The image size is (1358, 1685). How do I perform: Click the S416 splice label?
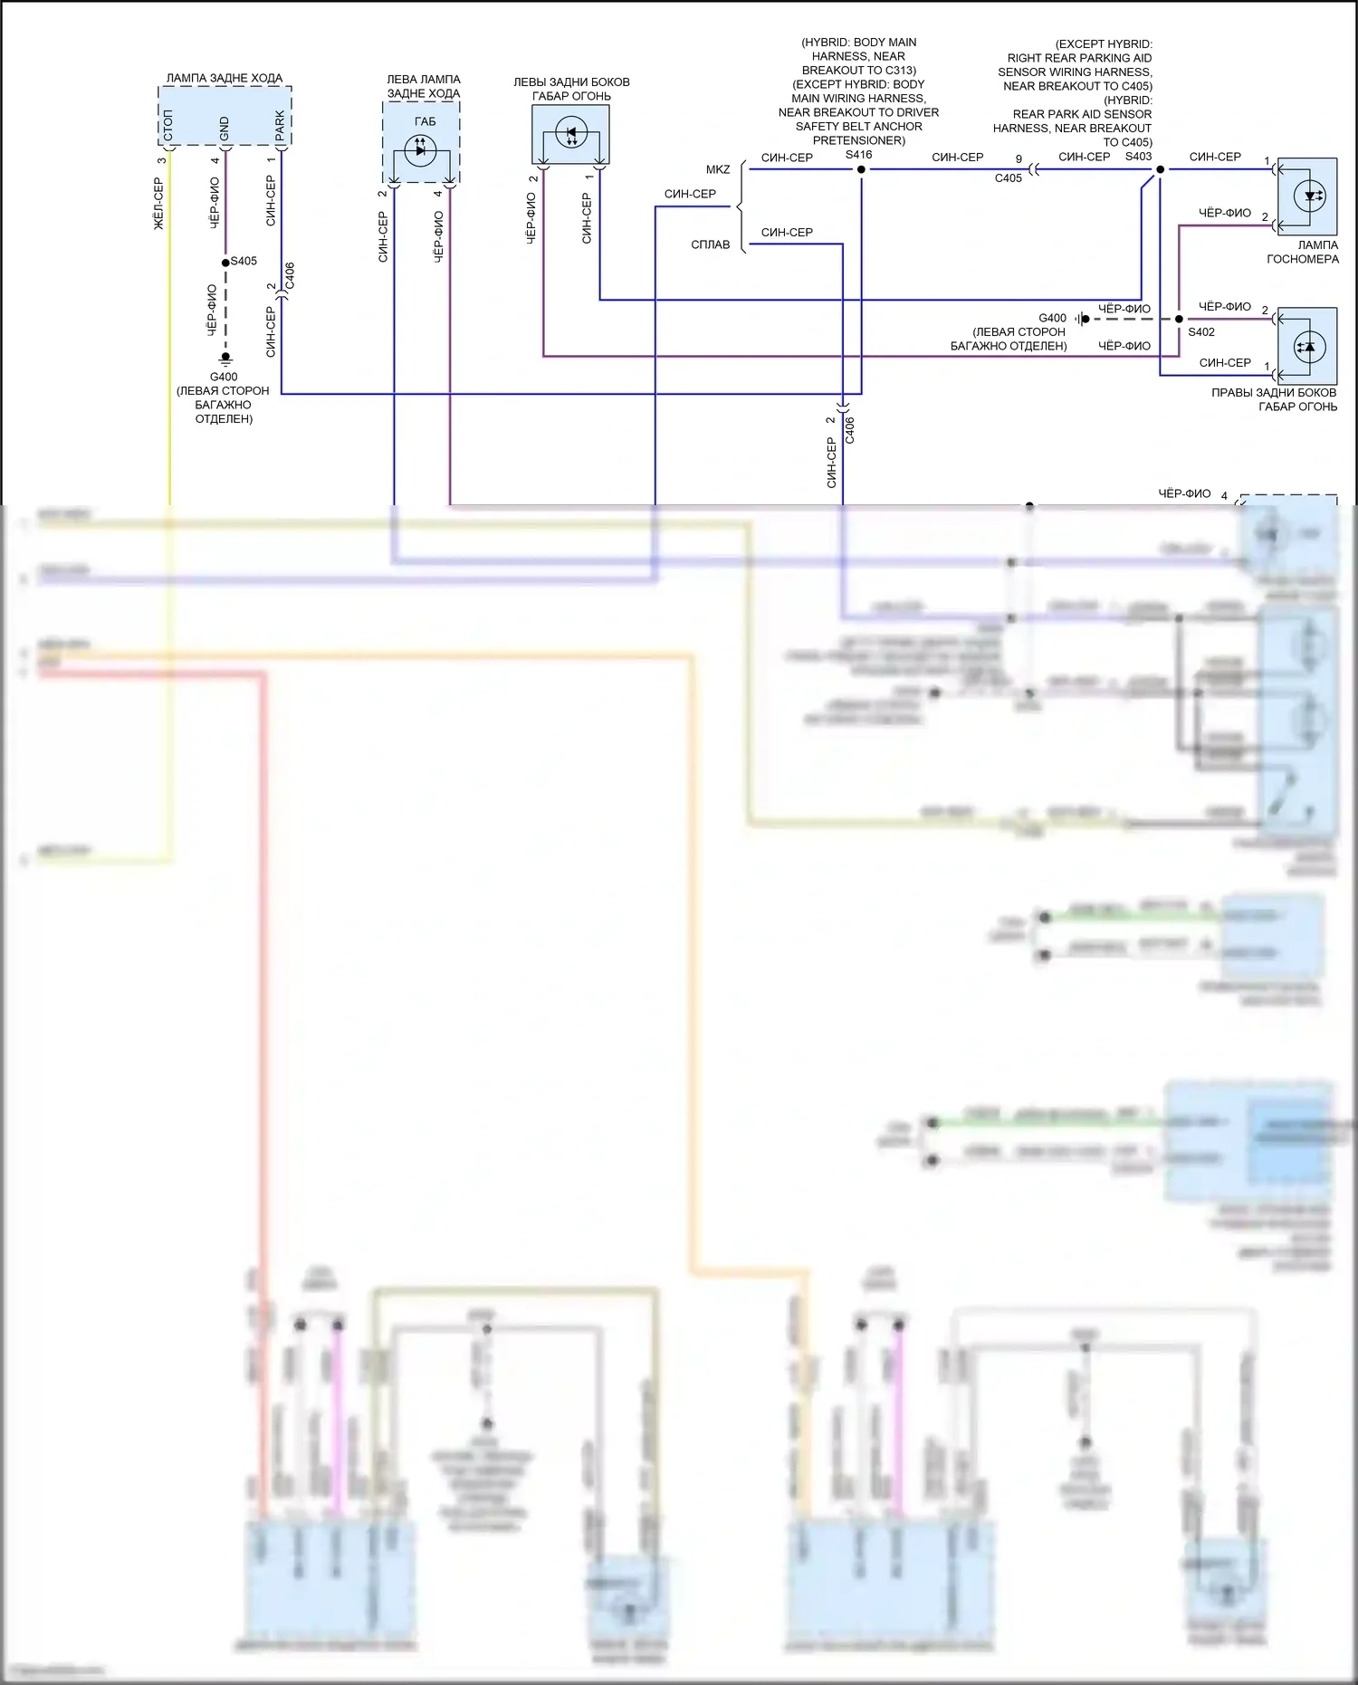tap(858, 155)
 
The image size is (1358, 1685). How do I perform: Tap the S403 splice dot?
tap(1160, 169)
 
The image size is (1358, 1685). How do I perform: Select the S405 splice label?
tap(244, 261)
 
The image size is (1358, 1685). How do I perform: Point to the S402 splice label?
tap(1201, 332)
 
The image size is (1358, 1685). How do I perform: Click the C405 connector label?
tap(1008, 178)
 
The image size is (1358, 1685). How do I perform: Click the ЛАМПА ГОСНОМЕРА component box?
tap(1307, 196)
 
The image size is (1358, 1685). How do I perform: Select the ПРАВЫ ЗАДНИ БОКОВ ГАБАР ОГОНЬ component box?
tap(1307, 347)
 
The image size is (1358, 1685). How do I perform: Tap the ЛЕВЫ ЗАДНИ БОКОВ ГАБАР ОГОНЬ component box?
tap(570, 134)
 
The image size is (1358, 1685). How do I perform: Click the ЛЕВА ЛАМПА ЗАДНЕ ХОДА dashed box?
tap(421, 142)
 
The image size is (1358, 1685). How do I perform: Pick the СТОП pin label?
tap(168, 126)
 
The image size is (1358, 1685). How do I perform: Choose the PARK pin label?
tap(280, 126)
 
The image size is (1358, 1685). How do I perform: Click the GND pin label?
tap(225, 129)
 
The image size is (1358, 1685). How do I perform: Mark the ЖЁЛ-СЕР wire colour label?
tap(159, 203)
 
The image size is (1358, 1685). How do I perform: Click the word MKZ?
tap(718, 169)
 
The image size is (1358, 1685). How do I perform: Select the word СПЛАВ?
tap(710, 244)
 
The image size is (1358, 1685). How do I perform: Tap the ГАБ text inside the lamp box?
tap(425, 121)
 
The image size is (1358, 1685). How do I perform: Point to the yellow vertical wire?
tap(169, 407)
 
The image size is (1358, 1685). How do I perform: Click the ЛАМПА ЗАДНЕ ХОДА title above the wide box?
tap(224, 78)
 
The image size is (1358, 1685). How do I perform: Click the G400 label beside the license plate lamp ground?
tap(1052, 318)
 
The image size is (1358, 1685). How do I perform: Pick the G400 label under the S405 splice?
tap(224, 377)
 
